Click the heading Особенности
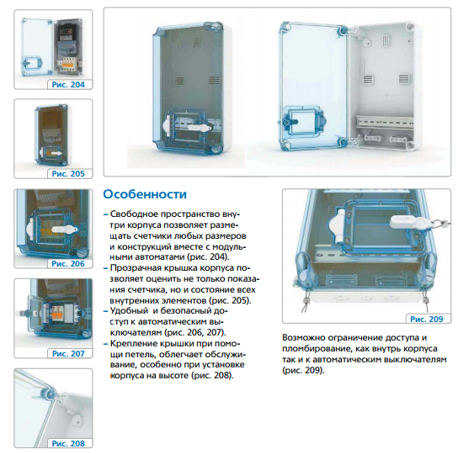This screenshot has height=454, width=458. click(145, 194)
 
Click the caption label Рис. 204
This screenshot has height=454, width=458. click(68, 85)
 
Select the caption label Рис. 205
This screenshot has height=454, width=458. click(68, 173)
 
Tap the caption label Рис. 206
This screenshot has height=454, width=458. click(68, 263)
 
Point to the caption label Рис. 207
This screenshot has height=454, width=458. click(68, 353)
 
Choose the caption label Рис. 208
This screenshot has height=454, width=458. click(68, 443)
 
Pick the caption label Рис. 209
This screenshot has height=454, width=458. click(427, 319)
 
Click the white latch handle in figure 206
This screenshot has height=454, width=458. click(65, 230)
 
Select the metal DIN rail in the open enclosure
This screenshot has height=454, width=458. click(385, 121)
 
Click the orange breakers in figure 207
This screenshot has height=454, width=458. click(57, 314)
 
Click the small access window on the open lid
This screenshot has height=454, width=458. click(304, 120)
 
